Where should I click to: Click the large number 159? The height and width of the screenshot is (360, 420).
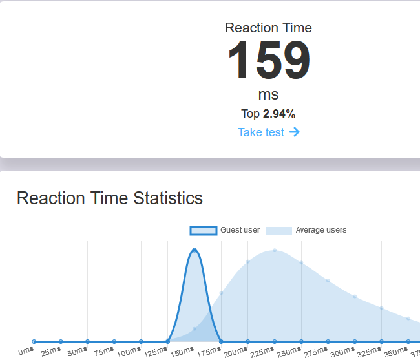[268, 61]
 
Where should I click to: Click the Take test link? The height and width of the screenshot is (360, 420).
[261, 132]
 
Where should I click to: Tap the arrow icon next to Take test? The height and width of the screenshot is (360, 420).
[295, 132]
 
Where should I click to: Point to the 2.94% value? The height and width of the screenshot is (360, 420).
[279, 114]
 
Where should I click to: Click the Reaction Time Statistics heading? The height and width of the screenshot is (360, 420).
[110, 198]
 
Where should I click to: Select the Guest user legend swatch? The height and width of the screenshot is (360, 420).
[203, 230]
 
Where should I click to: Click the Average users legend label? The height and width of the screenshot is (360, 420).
[320, 230]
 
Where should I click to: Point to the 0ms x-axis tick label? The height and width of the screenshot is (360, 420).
[26, 350]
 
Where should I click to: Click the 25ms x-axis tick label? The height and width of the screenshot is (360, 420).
[50, 352]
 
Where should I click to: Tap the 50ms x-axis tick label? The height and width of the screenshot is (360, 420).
[77, 352]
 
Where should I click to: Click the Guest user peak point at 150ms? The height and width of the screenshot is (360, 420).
[194, 251]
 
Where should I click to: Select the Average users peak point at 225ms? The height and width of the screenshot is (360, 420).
[275, 251]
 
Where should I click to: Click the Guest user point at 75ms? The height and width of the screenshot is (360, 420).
[114, 341]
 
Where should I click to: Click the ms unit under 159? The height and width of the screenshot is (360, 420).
[268, 94]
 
